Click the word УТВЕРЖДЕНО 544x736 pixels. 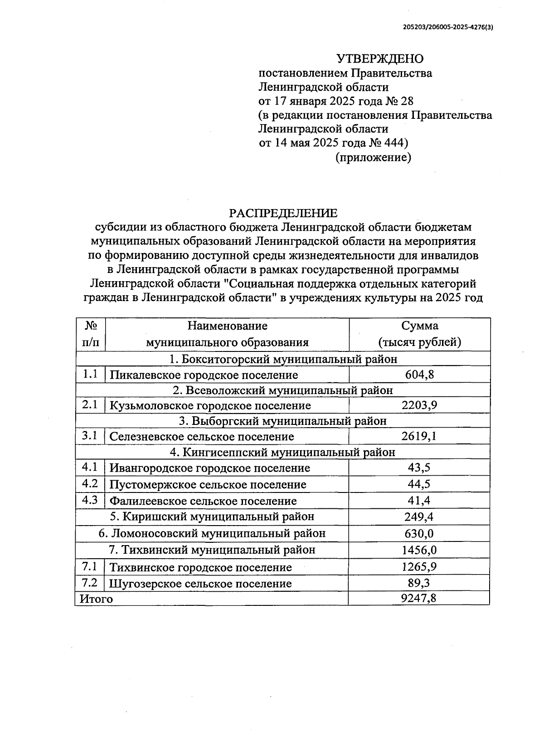coord(379,59)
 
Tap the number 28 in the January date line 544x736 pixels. coord(407,101)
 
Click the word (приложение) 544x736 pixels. coord(373,157)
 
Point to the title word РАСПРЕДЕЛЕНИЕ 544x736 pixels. coord(283,213)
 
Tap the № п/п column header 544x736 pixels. coord(91,334)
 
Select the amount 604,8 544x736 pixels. coord(419,375)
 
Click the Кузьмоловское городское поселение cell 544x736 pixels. coord(210,405)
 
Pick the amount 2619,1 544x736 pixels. coord(419,436)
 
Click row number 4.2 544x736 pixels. coord(90,484)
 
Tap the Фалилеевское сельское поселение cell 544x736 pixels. coord(203,501)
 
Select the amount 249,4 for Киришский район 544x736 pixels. coord(419,517)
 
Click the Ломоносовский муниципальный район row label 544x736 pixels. coord(212,533)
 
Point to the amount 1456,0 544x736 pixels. coord(419,550)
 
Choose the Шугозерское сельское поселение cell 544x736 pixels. coord(200,584)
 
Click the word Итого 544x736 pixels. coord(96,599)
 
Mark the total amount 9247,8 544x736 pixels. coord(419,599)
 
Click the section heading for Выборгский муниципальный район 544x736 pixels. coord(283,421)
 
